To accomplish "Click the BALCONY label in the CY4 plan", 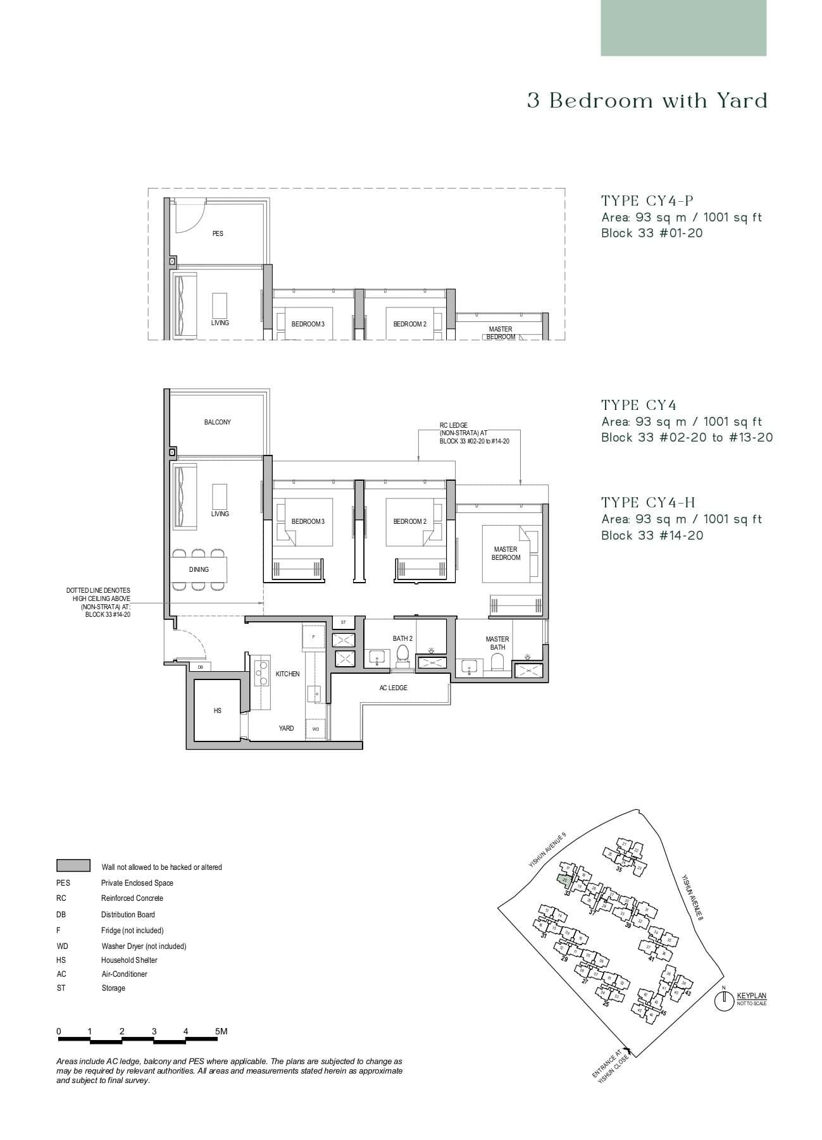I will [x=217, y=422].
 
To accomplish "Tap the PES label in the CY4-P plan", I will [x=218, y=233].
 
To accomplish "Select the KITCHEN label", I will [x=287, y=674].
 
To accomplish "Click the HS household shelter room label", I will [x=218, y=710].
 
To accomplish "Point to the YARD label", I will [x=286, y=728].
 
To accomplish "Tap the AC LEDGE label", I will [x=393, y=688].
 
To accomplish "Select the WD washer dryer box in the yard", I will [x=316, y=729].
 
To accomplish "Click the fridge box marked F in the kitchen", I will [x=313, y=636].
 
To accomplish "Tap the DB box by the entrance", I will [x=200, y=667].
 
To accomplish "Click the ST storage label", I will [x=344, y=623].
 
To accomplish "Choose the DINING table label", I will [x=199, y=569].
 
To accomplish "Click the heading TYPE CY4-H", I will [x=648, y=503].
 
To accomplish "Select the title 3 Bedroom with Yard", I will [x=647, y=101].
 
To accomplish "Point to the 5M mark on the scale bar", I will [x=220, y=1031].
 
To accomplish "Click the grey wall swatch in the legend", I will [x=73, y=865].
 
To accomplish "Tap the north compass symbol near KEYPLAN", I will [x=723, y=1001].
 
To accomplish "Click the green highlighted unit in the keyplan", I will [x=564, y=879].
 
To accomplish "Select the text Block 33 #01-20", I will [x=652, y=233].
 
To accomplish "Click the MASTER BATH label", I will [x=497, y=643].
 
